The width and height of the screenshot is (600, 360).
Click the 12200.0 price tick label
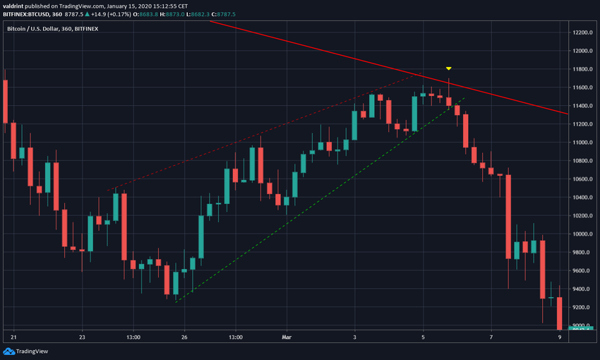coord(583,32)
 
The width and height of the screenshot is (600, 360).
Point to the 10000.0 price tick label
coord(583,234)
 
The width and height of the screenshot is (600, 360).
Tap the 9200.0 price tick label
coord(583,308)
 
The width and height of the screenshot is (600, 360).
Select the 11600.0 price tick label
coord(583,88)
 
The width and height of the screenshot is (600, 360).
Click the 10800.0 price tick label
coord(583,161)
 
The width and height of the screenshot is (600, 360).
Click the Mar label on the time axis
coord(287,337)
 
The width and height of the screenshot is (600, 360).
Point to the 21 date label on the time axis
coord(14,337)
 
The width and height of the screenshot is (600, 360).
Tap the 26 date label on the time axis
coord(184,337)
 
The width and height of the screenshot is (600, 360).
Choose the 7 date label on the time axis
coord(491,337)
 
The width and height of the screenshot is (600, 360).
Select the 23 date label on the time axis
coord(83,337)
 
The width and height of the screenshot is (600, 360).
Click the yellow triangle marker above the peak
coord(449,68)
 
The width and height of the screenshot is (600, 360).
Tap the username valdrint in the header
coord(17,5)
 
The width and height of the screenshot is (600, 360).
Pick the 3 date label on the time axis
coord(354,337)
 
